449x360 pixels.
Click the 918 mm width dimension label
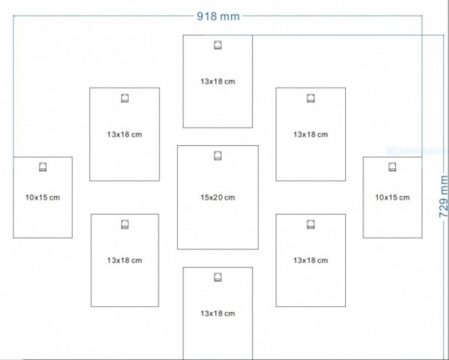[x=218, y=16]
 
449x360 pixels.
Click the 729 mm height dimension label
[x=443, y=196]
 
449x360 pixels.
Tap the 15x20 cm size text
[x=218, y=198]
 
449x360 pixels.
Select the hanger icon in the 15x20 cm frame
[x=218, y=156]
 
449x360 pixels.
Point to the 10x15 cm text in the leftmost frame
[x=43, y=198]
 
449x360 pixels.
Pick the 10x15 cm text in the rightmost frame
[x=392, y=198]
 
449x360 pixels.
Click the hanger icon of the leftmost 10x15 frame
[x=43, y=167]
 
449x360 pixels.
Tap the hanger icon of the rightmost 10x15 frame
[x=392, y=167]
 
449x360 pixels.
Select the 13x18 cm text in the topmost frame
[x=218, y=81]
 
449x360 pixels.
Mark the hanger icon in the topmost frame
[x=218, y=45]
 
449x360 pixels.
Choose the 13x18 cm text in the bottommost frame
[x=218, y=313]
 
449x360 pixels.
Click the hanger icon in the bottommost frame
[x=218, y=277]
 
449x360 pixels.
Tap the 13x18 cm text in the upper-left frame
[x=124, y=135]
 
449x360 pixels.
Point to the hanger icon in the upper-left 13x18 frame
[x=124, y=98]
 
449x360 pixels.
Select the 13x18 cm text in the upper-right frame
[x=311, y=135]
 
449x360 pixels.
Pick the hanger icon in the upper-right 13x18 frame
[x=311, y=98]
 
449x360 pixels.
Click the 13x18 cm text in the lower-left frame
[x=124, y=260]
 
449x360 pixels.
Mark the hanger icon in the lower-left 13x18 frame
[x=124, y=224]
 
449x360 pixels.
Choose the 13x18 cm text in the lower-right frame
[x=311, y=260]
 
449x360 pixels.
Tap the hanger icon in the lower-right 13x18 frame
[x=311, y=224]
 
